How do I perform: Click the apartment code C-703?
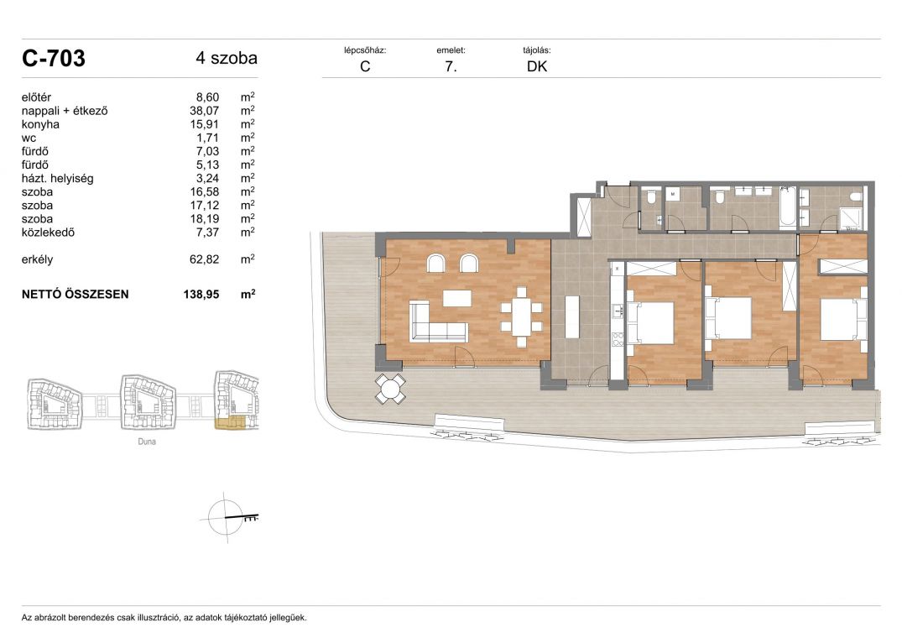pyautogui.click(x=54, y=58)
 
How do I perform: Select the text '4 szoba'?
pyautogui.click(x=227, y=58)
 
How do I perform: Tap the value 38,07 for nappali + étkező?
pyautogui.click(x=204, y=111)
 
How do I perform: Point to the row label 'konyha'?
pyautogui.click(x=40, y=124)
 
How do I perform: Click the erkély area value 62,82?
pyautogui.click(x=204, y=259)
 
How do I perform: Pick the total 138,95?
pyautogui.click(x=201, y=294)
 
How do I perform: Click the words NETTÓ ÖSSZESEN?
pyautogui.click(x=75, y=294)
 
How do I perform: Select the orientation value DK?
pyautogui.click(x=537, y=66)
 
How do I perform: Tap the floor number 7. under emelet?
pyautogui.click(x=451, y=66)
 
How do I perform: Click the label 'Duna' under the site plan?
pyautogui.click(x=147, y=442)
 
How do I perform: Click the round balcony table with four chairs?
pyautogui.click(x=391, y=389)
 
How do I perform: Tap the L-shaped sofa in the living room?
pyautogui.click(x=437, y=322)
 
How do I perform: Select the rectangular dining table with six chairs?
pyautogui.click(x=522, y=316)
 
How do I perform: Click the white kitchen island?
pyautogui.click(x=571, y=316)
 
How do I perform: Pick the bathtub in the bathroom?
pyautogui.click(x=787, y=206)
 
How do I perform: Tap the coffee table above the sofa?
pyautogui.click(x=456, y=299)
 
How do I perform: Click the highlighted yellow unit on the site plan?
pyautogui.click(x=230, y=423)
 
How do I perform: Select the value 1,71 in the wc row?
pyautogui.click(x=207, y=138)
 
